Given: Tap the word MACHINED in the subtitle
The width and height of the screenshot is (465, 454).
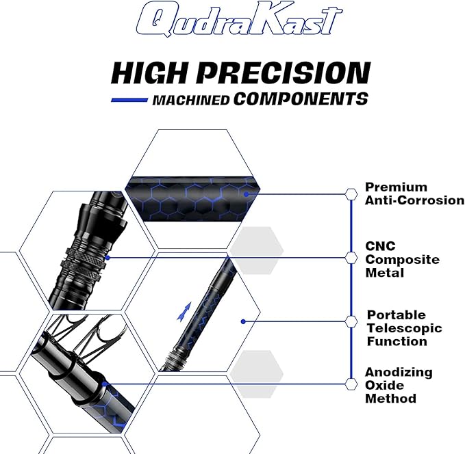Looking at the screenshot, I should [190, 100].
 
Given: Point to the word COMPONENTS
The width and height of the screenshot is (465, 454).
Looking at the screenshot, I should [301, 99].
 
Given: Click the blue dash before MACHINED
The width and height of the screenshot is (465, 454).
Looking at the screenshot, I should [129, 100].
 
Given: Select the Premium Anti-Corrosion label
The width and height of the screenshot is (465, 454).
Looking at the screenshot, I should [414, 193].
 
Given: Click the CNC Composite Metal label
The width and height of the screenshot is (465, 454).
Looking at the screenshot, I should [402, 259].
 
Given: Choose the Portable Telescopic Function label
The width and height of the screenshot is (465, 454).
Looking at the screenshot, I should [405, 328].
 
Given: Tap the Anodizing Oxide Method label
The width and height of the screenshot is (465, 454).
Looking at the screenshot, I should [399, 385].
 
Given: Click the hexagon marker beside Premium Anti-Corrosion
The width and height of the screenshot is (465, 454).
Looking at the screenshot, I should [351, 193].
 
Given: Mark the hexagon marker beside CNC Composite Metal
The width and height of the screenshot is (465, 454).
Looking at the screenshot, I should [351, 258].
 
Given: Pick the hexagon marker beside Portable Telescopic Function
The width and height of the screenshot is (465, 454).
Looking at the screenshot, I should [351, 321].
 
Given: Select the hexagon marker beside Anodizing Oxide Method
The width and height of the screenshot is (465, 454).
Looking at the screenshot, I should [351, 384].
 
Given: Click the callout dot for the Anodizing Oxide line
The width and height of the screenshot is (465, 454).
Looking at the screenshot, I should [105, 384].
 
